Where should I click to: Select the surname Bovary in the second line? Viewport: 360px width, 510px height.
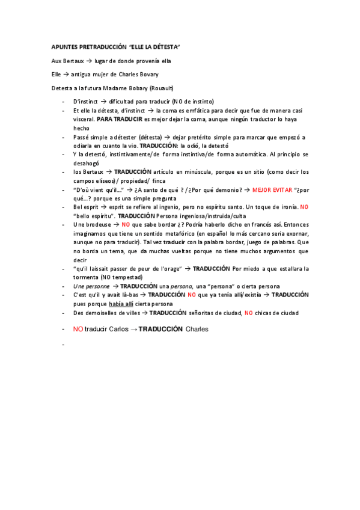click(x=147, y=75)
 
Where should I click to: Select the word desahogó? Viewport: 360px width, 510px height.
click(x=86, y=163)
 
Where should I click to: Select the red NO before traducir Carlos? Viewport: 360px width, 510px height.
click(x=78, y=329)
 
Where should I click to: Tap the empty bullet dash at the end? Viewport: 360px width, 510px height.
click(x=63, y=345)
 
